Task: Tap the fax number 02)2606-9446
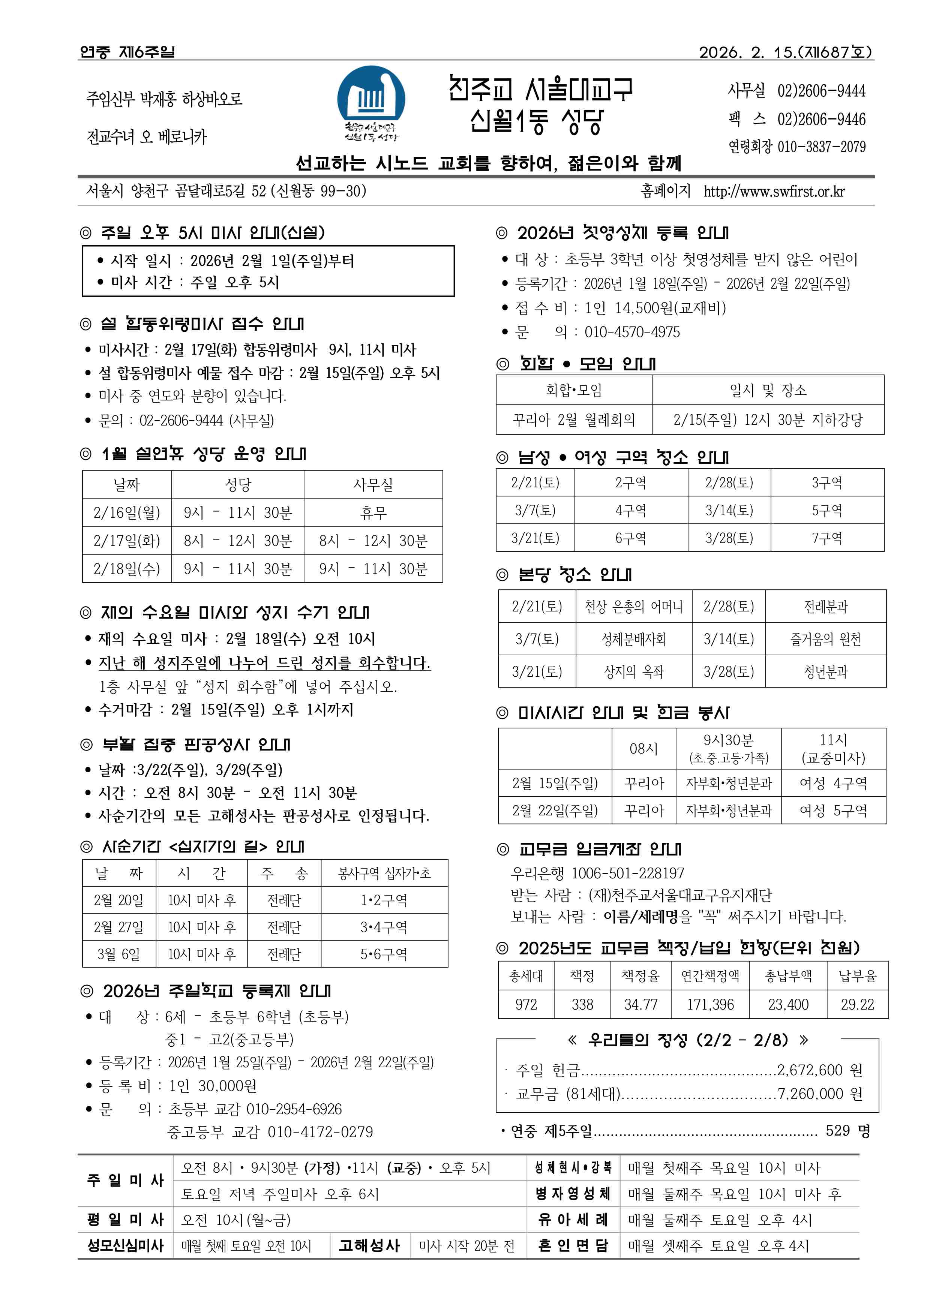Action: click(x=821, y=120)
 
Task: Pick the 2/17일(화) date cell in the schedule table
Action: click(x=126, y=541)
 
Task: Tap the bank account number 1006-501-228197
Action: click(x=628, y=873)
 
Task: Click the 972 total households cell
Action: click(x=526, y=1004)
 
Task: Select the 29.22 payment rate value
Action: click(x=857, y=1004)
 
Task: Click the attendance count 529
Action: click(x=838, y=1130)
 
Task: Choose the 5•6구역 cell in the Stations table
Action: click(x=384, y=954)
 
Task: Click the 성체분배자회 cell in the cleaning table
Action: click(x=633, y=639)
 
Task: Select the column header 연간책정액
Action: click(x=710, y=975)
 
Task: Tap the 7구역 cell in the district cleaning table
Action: click(x=827, y=538)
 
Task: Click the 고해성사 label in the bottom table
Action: click(x=369, y=1246)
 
